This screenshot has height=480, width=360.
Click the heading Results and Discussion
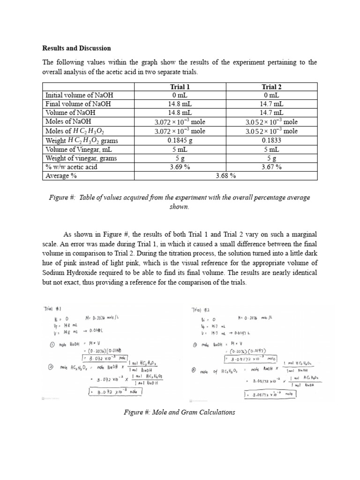76,48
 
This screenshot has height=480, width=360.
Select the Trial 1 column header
180,87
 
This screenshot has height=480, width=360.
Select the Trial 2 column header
271,87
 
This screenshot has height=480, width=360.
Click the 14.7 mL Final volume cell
271,104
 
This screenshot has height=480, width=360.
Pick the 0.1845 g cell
180,140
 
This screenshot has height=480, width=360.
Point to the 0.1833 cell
271,140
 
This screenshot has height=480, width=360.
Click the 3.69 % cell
180,166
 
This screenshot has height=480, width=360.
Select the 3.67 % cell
271,166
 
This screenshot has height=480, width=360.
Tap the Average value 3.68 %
225,176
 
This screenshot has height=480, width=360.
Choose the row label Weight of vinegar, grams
81,158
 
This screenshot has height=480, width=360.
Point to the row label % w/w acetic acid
71,166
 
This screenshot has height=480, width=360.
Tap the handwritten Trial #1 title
52,309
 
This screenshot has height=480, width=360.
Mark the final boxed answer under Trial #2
270,394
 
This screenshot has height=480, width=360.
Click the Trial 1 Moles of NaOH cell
180,122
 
